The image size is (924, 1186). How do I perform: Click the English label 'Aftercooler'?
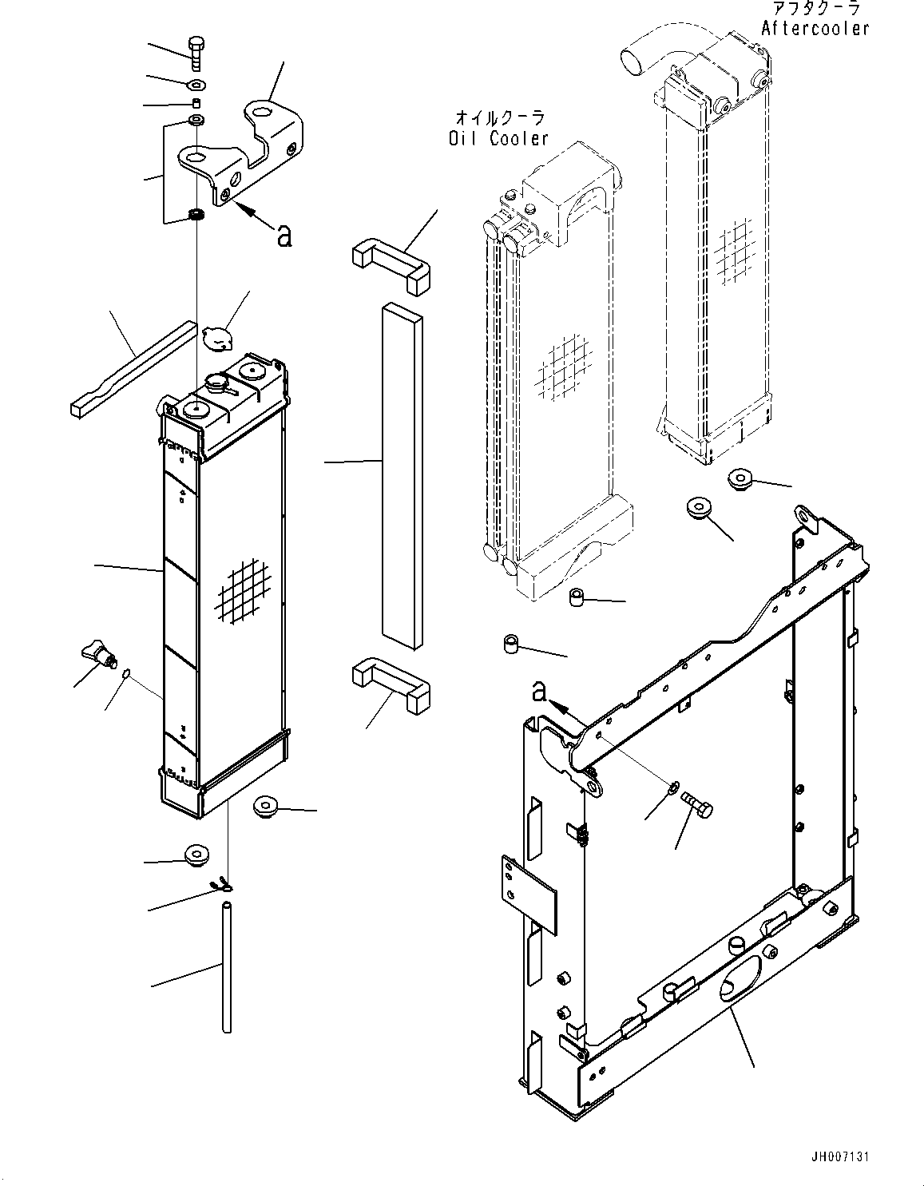point(815,29)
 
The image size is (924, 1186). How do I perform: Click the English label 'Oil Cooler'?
point(498,138)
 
